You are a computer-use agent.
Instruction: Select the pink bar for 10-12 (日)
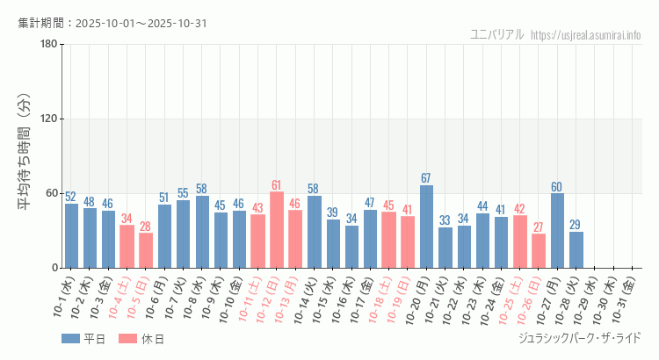click(277, 230)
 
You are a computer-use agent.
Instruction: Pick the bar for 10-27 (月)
click(557, 230)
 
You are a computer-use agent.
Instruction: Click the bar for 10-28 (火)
click(576, 249)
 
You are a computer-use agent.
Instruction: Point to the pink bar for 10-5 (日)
click(146, 250)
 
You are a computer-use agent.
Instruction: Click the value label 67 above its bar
click(426, 178)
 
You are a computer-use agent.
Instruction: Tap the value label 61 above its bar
click(277, 185)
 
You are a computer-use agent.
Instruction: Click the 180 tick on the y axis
click(49, 45)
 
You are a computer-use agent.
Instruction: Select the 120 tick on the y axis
click(49, 119)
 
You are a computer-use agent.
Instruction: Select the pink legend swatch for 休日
click(127, 338)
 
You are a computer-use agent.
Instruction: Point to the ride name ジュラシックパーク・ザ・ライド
click(581, 338)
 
